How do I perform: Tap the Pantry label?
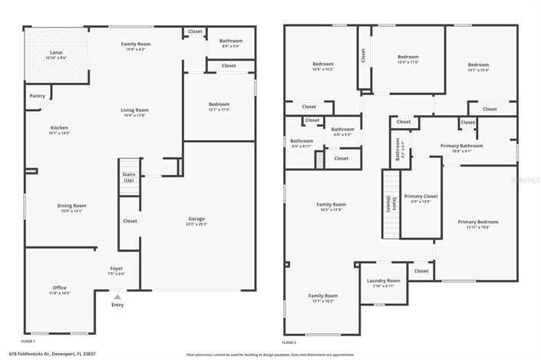pyautogui.click(x=37, y=96)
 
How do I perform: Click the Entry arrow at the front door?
pyautogui.click(x=117, y=296)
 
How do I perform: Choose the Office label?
pyautogui.click(x=59, y=288)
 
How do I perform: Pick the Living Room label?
pyautogui.click(x=134, y=111)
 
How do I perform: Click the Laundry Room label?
pyautogui.click(x=383, y=281)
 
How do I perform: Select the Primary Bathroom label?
pyautogui.click(x=461, y=145)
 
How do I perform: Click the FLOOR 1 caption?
pyautogui.click(x=28, y=341)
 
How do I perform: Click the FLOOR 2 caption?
pyautogui.click(x=289, y=341)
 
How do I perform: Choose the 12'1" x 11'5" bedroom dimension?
pyautogui.click(x=219, y=109)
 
